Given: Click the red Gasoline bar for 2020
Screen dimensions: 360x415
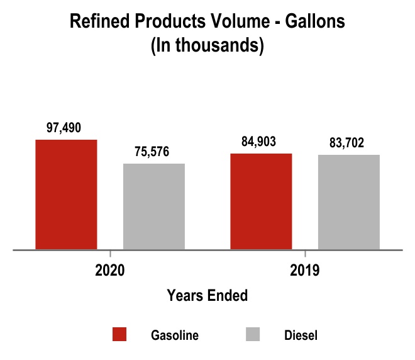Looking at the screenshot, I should [66, 194].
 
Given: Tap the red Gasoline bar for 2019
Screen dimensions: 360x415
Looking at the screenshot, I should [261, 201].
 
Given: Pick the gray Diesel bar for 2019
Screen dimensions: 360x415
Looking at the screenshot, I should [349, 202].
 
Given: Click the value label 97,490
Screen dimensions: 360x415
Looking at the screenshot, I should [66, 128].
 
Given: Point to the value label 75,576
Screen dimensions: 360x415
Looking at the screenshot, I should [152, 152].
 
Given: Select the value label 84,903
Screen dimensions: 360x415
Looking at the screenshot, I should [259, 142].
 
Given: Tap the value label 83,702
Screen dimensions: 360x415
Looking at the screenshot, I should [347, 143].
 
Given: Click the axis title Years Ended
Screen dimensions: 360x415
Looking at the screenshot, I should [207, 295].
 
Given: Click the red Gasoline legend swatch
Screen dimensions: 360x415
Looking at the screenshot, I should [119, 335].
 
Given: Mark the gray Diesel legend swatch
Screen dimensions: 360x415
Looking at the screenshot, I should [254, 335].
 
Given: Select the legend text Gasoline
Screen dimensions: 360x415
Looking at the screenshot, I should [175, 335].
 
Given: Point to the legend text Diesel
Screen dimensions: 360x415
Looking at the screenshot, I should [301, 335].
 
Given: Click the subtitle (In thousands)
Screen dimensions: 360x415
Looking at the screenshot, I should [207, 47].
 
